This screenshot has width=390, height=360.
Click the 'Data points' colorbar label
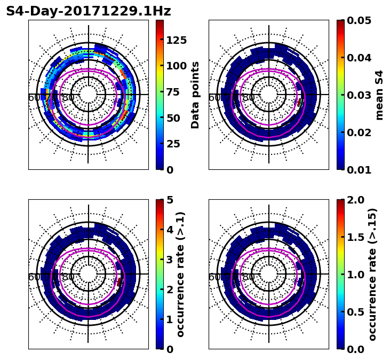pos(195,95)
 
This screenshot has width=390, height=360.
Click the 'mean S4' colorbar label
pos(379,95)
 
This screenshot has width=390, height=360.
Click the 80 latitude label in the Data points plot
pos(68,98)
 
